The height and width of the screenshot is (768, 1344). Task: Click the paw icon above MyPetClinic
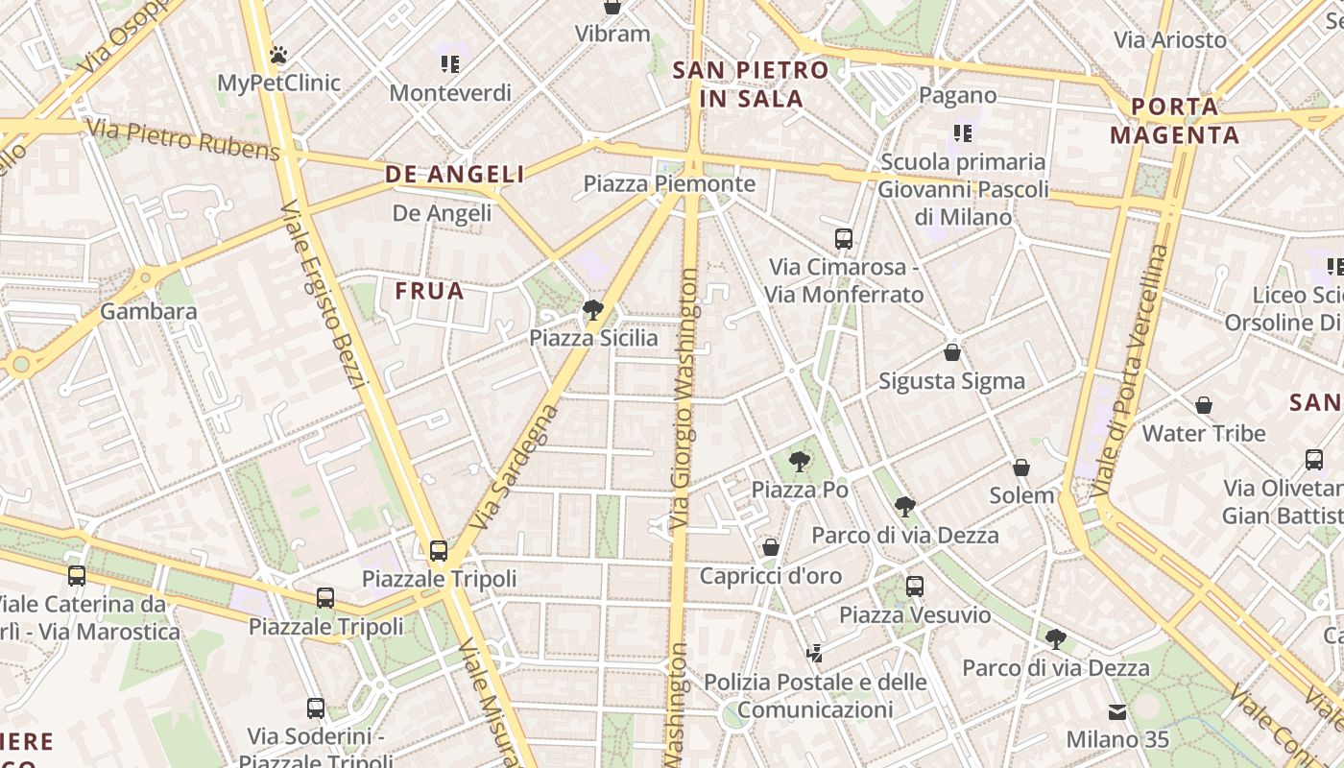pyautogui.click(x=278, y=56)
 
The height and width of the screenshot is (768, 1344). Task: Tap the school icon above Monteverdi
pyautogui.click(x=450, y=64)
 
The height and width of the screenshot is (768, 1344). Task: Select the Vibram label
pyautogui.click(x=612, y=34)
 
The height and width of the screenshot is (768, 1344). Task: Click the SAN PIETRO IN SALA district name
pyautogui.click(x=751, y=84)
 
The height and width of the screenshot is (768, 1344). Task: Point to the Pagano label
pyautogui.click(x=958, y=95)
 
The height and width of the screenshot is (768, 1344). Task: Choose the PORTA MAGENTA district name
pyautogui.click(x=1175, y=121)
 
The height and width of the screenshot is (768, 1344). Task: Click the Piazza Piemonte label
pyautogui.click(x=669, y=183)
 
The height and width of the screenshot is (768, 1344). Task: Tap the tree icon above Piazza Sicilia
pyautogui.click(x=593, y=309)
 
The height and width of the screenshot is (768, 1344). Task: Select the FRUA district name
pyautogui.click(x=430, y=291)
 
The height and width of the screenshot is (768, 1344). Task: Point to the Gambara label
pyautogui.click(x=149, y=311)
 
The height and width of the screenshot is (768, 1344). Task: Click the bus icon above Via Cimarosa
pyautogui.click(x=844, y=239)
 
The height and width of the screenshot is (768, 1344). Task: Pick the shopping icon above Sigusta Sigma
pyautogui.click(x=952, y=352)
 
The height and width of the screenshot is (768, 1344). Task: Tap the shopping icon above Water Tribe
pyautogui.click(x=1204, y=405)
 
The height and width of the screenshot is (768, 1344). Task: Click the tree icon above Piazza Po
pyautogui.click(x=799, y=462)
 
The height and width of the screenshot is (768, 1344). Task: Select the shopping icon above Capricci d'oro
pyautogui.click(x=771, y=547)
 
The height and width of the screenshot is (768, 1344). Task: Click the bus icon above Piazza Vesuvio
pyautogui.click(x=915, y=586)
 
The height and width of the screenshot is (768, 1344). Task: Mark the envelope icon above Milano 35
pyautogui.click(x=1117, y=712)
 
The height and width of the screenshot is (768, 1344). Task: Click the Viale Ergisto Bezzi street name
pyautogui.click(x=324, y=296)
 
